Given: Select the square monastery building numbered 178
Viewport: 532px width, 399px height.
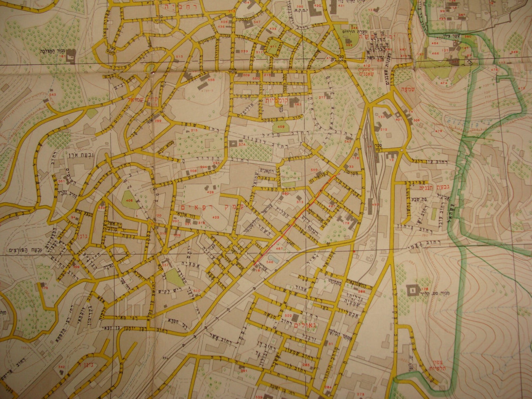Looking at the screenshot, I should tap(412, 291).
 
